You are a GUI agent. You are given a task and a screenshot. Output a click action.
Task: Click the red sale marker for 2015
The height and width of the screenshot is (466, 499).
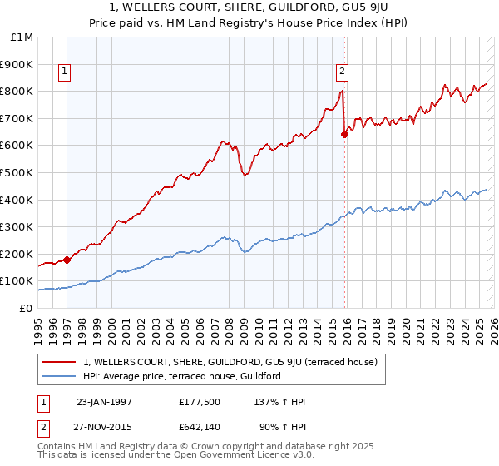tap(344, 133)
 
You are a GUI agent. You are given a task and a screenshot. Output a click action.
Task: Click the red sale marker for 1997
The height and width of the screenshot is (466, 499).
tap(67, 259)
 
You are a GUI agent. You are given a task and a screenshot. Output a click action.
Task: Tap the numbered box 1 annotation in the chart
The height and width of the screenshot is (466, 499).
tap(65, 72)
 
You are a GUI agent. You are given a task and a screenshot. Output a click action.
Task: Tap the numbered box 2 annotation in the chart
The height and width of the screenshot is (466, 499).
tap(342, 72)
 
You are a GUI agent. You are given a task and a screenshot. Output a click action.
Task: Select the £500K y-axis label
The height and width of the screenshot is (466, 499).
tap(17, 173)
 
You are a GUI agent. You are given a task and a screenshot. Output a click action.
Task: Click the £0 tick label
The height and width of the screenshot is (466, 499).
tap(26, 308)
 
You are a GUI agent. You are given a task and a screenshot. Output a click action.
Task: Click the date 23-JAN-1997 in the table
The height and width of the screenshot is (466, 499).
tap(104, 402)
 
